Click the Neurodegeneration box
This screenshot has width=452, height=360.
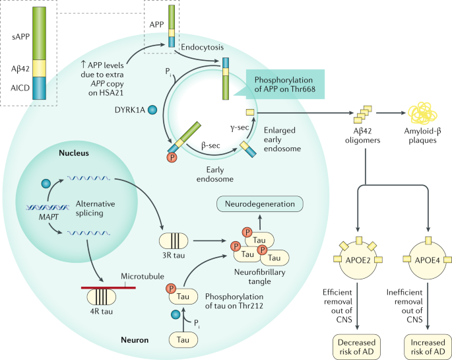[260, 204]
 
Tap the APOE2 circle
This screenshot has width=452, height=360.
[358, 260]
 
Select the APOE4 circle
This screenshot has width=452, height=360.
[428, 260]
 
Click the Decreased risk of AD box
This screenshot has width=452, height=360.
[356, 347]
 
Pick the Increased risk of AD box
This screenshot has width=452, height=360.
[428, 347]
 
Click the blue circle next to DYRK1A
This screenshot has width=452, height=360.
[152, 110]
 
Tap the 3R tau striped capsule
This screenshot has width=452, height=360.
[174, 241]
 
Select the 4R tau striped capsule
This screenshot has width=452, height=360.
[102, 297]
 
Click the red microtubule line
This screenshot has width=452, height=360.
[108, 287]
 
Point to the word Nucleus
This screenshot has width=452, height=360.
[74, 153]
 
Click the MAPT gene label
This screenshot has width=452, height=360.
[48, 217]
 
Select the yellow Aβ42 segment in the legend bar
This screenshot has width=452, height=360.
[39, 68]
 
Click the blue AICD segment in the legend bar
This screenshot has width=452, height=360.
[39, 88]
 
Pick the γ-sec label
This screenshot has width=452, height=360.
[240, 127]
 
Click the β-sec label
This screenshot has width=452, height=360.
[210, 145]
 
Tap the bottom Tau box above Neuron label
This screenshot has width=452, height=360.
[183, 340]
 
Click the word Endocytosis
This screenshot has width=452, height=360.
[202, 47]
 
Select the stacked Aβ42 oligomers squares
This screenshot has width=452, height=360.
[363, 114]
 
